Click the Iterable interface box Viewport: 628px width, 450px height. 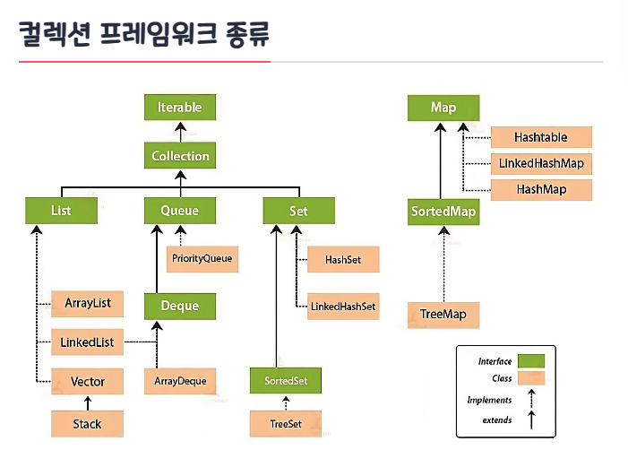click(x=180, y=107)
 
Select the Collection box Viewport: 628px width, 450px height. click(x=180, y=155)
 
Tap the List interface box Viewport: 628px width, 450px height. click(x=61, y=211)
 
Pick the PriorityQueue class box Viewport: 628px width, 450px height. click(x=202, y=259)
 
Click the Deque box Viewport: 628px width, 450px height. click(x=180, y=307)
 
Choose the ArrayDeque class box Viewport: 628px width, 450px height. click(x=180, y=381)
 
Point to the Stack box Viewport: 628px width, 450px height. click(x=87, y=423)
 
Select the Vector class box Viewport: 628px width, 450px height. click(x=87, y=381)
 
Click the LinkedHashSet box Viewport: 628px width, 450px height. click(x=343, y=307)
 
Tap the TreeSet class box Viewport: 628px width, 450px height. click(x=286, y=423)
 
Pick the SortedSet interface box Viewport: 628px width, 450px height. click(x=286, y=381)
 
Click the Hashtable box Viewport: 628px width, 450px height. click(x=541, y=137)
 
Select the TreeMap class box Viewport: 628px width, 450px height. click(x=443, y=315)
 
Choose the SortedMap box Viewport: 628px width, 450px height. click(x=443, y=212)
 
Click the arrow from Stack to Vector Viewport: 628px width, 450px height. click(x=88, y=403)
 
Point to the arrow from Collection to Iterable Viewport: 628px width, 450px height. click(x=180, y=133)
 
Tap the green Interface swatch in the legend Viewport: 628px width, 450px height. click(x=531, y=361)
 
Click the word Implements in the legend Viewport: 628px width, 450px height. click(x=489, y=400)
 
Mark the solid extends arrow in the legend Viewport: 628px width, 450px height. click(x=531, y=420)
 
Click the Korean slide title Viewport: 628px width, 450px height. click(x=144, y=34)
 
